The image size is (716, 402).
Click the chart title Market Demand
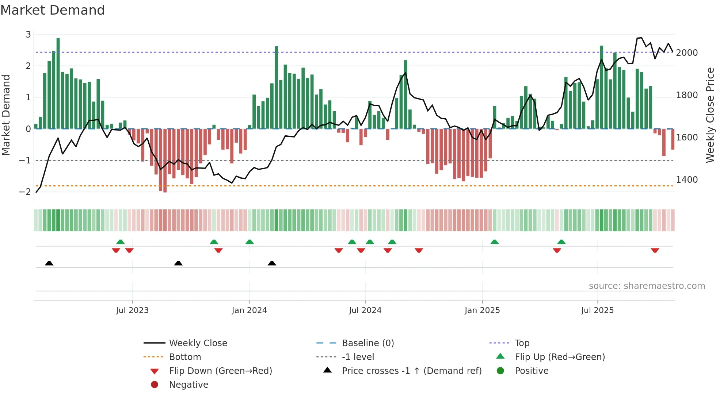pos(53,10)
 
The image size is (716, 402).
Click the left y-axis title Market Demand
pos(6,115)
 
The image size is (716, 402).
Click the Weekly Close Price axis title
pos(710,115)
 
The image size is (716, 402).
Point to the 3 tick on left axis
pos(28,34)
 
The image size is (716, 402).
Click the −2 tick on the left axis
pos(25,192)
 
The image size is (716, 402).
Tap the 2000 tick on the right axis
pos(687,53)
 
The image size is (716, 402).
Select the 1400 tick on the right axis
pos(687,179)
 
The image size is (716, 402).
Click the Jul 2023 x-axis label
pos(132,310)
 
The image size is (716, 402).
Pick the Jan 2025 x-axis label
pos(482,310)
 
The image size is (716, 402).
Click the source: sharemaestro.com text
pos(647,286)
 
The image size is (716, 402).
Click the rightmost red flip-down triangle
pos(655,250)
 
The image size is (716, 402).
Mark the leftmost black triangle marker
pos(49,263)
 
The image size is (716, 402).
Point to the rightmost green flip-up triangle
pos(561,242)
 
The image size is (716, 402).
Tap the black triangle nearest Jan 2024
pos(272,263)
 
